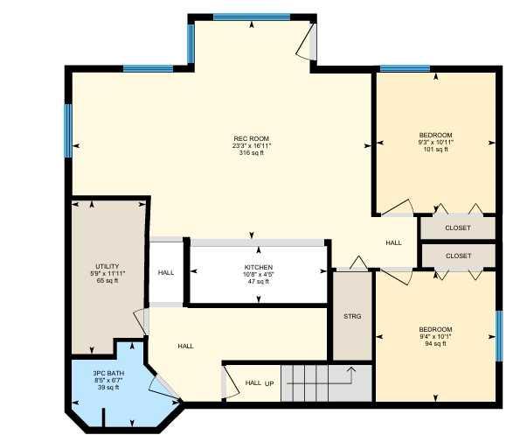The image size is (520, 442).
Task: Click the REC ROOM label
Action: coord(251,138)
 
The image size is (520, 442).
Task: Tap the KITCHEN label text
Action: coord(258,267)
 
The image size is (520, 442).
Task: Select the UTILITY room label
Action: coord(107,266)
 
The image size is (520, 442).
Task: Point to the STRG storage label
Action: coord(352,316)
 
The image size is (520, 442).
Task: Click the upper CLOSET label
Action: coord(457,228)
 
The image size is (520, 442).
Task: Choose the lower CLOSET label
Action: coord(457,256)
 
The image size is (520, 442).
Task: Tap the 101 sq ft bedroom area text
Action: coord(435,150)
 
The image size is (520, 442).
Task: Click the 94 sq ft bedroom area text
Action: coord(434,344)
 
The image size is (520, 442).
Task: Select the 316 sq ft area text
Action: coord(251,152)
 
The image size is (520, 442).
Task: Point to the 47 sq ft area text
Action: coord(258,282)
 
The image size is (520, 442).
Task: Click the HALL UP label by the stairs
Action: coord(260,383)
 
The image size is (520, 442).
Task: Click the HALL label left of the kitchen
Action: coord(166,272)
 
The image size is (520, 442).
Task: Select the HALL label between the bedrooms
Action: coord(394,242)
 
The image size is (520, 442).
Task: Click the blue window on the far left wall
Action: coord(68,130)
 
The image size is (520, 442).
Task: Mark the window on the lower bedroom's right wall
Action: coord(498,334)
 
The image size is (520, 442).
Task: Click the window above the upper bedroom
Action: coord(405,68)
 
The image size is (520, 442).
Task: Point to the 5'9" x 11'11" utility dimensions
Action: coord(107,273)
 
